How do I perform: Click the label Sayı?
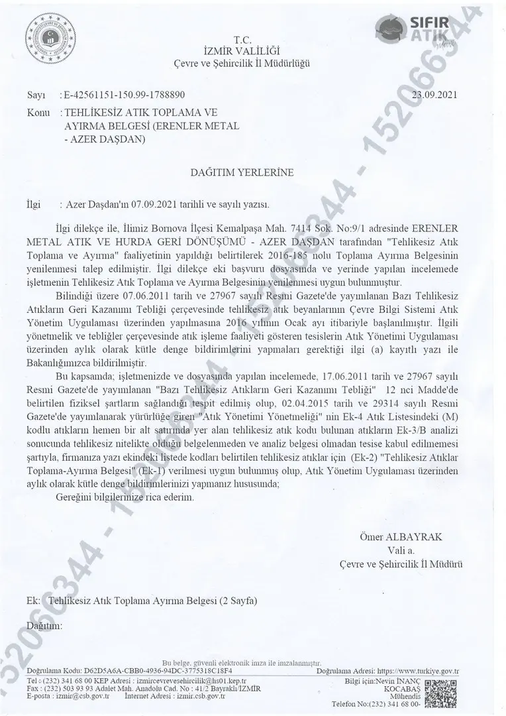pos(34,95)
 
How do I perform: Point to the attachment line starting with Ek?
pos(142,601)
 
